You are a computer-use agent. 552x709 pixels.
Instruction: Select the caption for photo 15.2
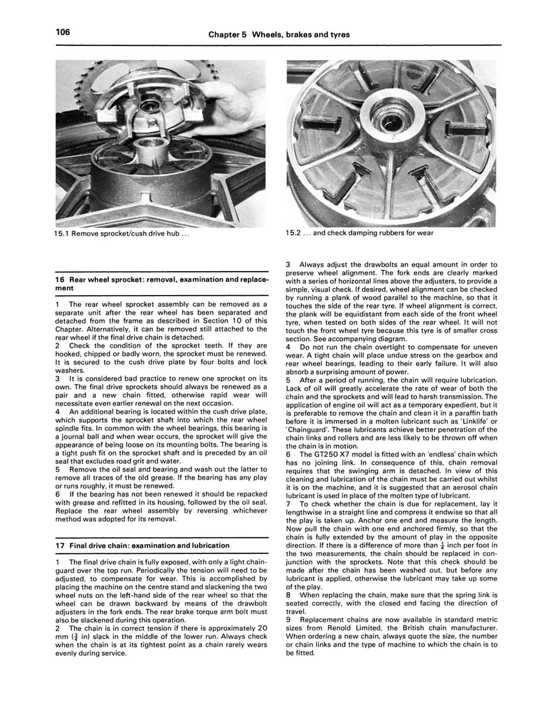[359, 233]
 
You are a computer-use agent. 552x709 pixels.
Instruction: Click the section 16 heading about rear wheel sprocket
[162, 284]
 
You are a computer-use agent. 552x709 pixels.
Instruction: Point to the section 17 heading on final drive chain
[142, 545]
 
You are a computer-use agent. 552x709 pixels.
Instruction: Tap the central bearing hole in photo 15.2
[392, 121]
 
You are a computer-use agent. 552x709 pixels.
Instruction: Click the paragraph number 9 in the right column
[288, 620]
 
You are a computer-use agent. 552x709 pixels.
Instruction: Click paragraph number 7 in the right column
[288, 504]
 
